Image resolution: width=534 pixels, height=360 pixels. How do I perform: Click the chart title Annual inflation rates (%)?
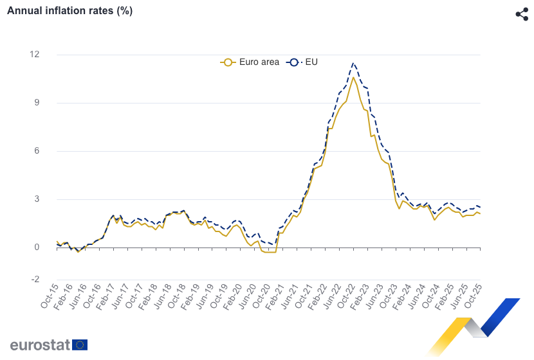coord(69,11)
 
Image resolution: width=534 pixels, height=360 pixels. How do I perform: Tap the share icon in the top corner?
coord(522,14)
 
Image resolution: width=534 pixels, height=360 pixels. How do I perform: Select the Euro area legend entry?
coord(250,62)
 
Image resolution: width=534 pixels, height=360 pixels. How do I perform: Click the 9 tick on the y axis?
coord(37,103)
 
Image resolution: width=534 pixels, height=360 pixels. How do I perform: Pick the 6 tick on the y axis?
coord(37,151)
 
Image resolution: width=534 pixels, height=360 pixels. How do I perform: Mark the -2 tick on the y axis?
coord(35,280)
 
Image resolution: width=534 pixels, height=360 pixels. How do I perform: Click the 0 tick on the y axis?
coord(37,248)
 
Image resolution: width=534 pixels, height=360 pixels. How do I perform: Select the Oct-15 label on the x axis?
coord(49,295)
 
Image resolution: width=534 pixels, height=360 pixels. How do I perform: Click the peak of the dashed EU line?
coord(353,63)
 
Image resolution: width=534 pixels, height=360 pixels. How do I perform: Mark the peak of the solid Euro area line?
coord(353,78)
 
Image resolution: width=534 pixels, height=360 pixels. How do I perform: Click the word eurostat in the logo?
coord(40,345)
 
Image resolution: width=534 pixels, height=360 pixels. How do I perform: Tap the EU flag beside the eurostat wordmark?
coord(80,345)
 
